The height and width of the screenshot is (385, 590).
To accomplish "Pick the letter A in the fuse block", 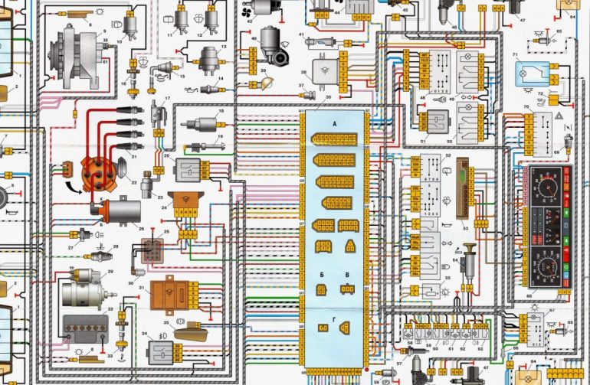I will click(334, 124).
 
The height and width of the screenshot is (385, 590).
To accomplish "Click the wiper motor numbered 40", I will click(271, 38).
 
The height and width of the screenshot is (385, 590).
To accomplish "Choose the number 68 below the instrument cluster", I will click(529, 295).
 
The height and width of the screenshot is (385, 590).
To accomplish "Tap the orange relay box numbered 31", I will click(169, 294).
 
